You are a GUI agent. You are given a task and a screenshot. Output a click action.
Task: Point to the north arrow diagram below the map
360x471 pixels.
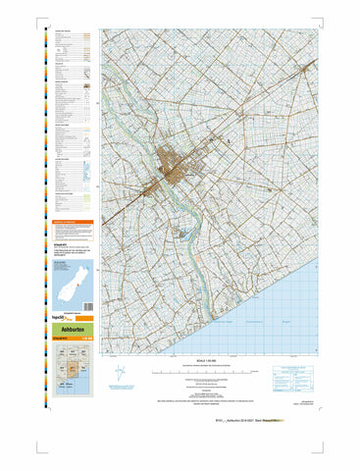pyautogui.click(x=118, y=374)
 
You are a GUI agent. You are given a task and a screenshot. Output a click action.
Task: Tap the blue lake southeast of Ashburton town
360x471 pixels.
pyautogui.click(x=182, y=235)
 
